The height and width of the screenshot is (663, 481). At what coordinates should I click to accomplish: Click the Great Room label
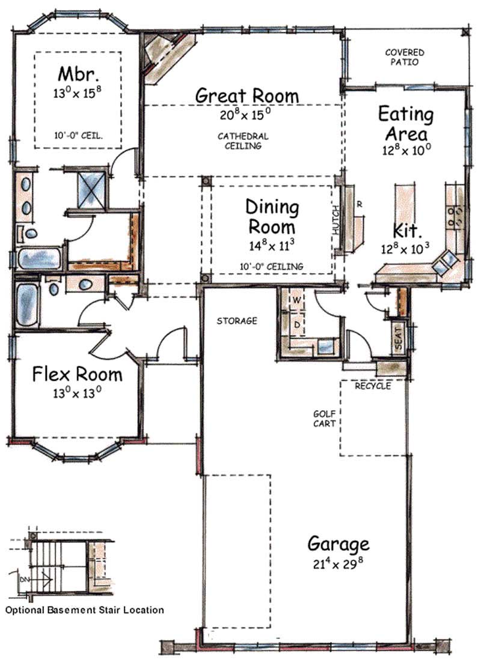(247, 95)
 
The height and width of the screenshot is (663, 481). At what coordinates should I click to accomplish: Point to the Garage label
(338, 544)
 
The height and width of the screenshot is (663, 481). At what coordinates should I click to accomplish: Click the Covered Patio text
(405, 57)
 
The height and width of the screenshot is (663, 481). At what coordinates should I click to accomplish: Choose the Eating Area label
(405, 123)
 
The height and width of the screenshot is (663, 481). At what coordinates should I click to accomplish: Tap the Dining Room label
(272, 217)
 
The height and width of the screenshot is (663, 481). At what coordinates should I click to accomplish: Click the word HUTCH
(336, 220)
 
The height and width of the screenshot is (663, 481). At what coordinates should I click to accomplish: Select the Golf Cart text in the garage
(324, 418)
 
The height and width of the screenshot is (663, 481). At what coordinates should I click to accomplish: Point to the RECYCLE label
(372, 386)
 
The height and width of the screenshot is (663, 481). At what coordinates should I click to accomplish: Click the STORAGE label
(237, 321)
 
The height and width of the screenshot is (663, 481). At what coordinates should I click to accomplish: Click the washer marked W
(296, 298)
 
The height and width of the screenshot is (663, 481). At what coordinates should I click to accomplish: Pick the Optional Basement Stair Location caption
(84, 610)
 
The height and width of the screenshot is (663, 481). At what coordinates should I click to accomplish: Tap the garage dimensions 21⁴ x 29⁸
(338, 565)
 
